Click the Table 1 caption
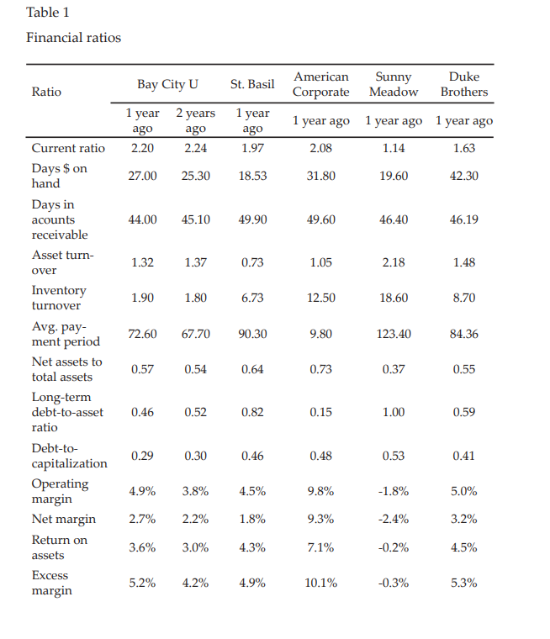48,12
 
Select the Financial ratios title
73,38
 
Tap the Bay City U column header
168,84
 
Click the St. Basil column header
252,84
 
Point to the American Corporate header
320,84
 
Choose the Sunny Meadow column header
393,84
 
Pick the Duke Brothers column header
463,84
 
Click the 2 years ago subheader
195,120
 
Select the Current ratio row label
68,148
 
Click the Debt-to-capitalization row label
69,456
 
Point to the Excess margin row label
51,583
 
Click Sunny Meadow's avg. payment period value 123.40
393,334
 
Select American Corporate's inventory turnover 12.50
320,298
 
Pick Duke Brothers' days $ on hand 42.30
463,176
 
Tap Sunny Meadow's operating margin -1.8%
393,491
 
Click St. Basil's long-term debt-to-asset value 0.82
252,412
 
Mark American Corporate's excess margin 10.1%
320,583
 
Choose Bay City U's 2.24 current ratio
195,148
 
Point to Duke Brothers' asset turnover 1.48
463,262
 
